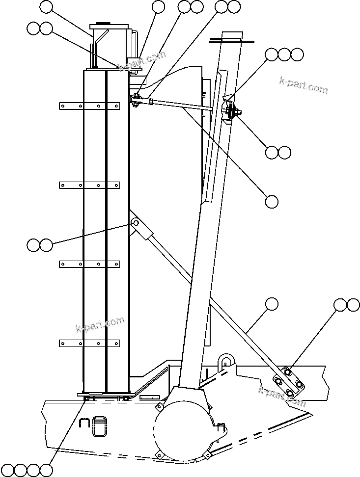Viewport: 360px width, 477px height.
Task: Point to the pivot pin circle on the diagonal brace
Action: tap(136, 224)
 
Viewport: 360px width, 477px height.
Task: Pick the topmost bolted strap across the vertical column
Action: tap(89, 106)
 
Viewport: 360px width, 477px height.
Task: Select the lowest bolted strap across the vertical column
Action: tap(89, 343)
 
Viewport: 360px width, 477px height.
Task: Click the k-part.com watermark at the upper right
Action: tap(303, 85)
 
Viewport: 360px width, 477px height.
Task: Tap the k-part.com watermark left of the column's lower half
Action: tap(100, 324)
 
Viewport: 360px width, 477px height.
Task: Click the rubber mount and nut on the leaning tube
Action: tap(230, 111)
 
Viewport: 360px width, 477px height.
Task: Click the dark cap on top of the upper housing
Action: tap(103, 23)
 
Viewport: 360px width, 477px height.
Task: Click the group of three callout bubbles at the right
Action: tap(284, 54)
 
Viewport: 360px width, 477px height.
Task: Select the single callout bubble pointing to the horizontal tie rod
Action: tap(272, 201)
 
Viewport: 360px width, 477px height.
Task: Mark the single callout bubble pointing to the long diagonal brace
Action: tap(272, 304)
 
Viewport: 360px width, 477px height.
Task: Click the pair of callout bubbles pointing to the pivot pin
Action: tap(39, 245)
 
